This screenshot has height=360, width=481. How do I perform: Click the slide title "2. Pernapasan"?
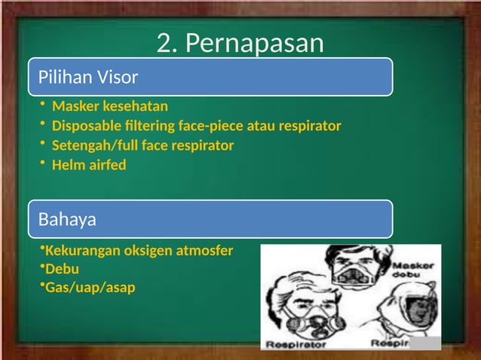pyautogui.click(x=240, y=44)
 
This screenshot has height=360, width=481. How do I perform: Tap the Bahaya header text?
pyautogui.click(x=68, y=220)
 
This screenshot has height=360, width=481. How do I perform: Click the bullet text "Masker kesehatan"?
pyautogui.click(x=109, y=105)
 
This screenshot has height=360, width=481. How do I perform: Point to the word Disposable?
pyautogui.click(x=86, y=125)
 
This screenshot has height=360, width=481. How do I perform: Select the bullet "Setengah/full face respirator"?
pyautogui.click(x=142, y=145)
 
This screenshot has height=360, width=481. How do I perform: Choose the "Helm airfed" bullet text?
pyautogui.click(x=88, y=164)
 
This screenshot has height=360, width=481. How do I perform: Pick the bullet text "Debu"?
pyautogui.click(x=62, y=269)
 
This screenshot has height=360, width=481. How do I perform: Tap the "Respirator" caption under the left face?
pyautogui.click(x=294, y=343)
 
